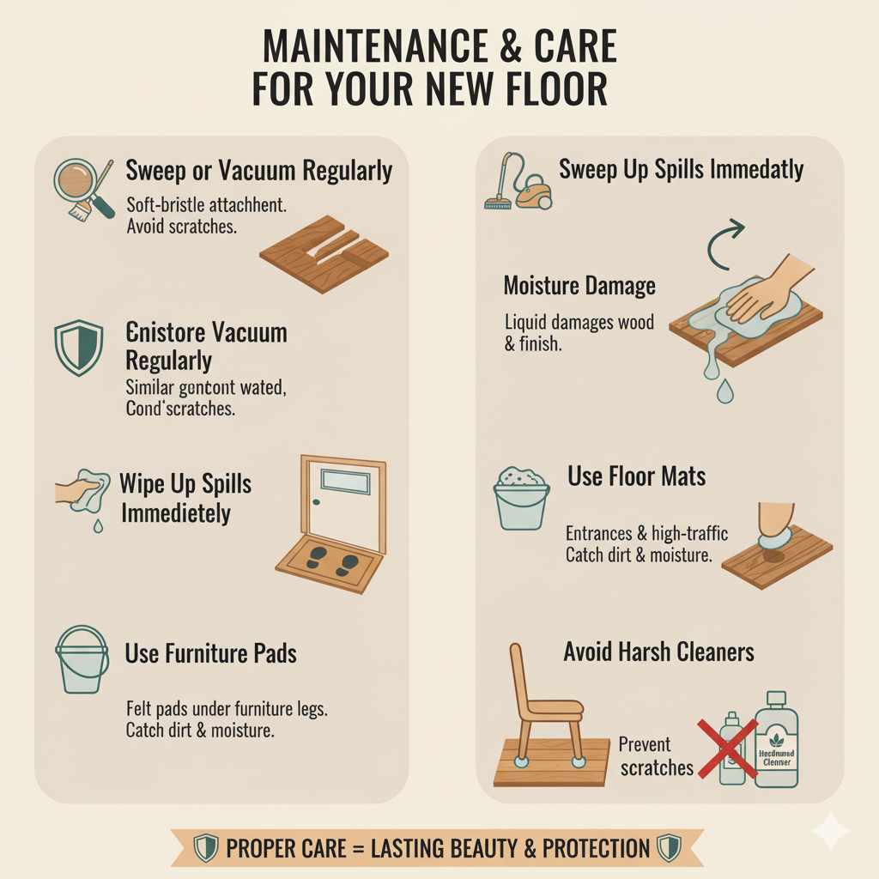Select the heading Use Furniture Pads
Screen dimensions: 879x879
210,653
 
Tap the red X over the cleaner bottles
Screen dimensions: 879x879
727,749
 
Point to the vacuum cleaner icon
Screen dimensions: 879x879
518,184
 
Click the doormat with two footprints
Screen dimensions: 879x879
330,564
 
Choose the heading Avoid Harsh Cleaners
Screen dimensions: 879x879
658,652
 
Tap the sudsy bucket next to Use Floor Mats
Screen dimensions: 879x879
521,497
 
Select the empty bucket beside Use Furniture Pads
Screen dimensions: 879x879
82,659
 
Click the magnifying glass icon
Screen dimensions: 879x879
75,181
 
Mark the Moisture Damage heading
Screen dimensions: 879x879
579,286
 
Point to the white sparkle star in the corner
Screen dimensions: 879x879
829,831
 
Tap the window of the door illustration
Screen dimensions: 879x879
344,482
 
